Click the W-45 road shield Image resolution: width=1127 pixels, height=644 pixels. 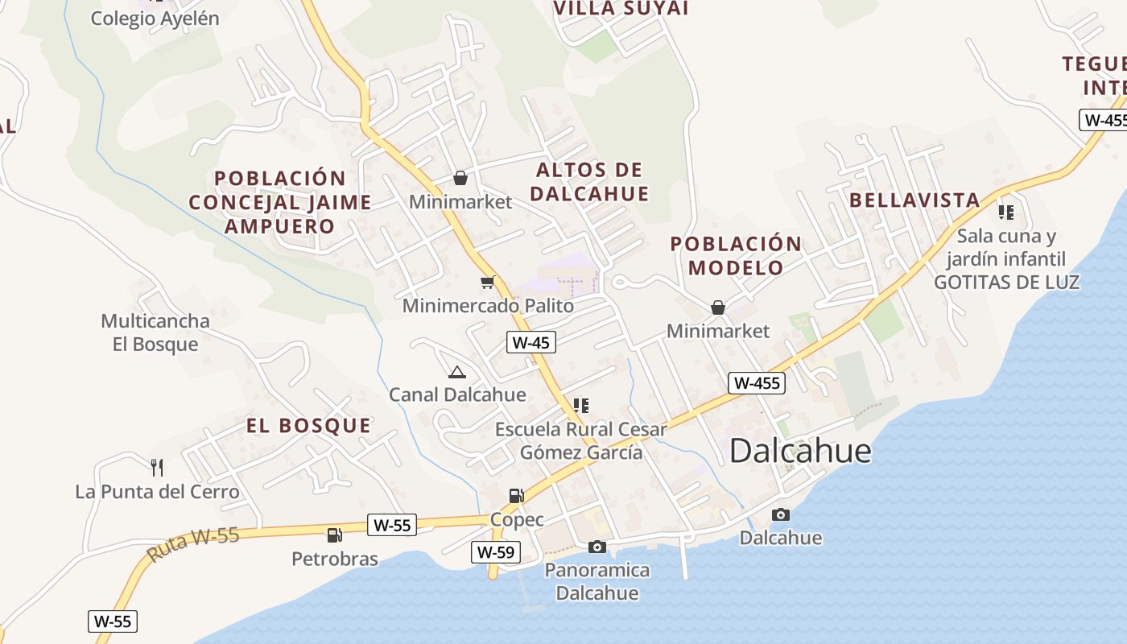[531, 342]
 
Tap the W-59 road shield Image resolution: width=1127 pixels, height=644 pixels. [495, 552]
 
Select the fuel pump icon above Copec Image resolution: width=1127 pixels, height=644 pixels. [516, 496]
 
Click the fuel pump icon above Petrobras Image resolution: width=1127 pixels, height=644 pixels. [334, 535]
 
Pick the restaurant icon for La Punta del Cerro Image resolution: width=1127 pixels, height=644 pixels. [157, 467]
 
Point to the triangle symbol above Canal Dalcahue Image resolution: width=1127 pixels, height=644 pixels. [457, 372]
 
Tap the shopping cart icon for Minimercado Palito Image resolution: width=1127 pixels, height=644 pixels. [487, 282]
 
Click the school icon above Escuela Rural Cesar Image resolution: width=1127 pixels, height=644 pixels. [581, 405]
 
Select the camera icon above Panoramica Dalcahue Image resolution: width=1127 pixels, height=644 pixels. [597, 547]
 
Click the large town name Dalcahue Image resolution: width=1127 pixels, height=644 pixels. [800, 452]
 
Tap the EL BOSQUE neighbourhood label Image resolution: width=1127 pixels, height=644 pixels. [309, 426]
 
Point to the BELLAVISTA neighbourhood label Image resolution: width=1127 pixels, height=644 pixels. [914, 200]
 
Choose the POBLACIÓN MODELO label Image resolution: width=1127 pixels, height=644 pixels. [736, 255]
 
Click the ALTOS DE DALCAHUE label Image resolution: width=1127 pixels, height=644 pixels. [589, 181]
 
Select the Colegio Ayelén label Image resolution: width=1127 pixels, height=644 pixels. [155, 19]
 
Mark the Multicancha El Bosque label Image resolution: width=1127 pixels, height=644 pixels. [155, 332]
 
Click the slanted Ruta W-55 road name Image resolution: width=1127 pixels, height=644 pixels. [193, 545]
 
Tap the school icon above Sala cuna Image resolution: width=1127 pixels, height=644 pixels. [1005, 213]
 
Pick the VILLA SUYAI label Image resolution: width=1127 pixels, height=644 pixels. [621, 8]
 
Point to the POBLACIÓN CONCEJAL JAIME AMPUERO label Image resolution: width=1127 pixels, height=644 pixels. [280, 202]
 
